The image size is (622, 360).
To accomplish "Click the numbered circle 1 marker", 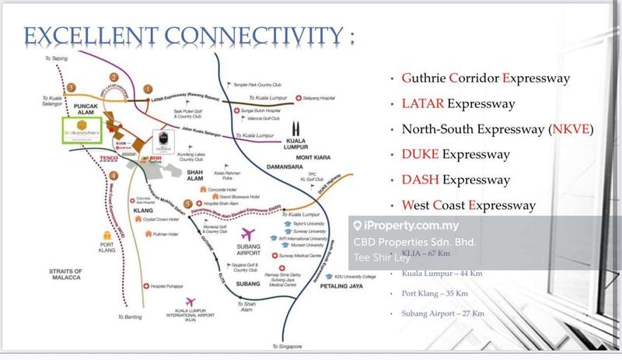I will pyautogui.click(x=148, y=91).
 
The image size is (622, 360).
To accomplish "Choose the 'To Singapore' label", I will pyautogui.click(x=287, y=345).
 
